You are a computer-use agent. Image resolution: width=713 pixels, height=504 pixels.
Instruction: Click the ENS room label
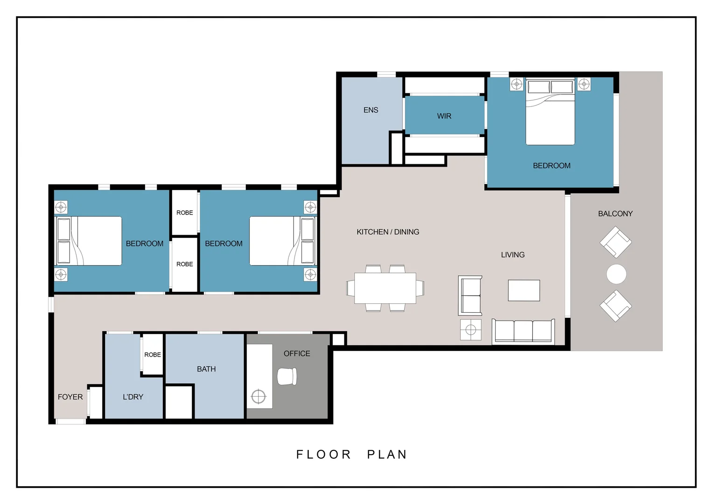point(370,110)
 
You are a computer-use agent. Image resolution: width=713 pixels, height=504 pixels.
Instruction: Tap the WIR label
point(444,116)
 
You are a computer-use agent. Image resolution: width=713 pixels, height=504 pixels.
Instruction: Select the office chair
point(287,377)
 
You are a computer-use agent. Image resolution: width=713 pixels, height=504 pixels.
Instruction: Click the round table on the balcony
point(616,274)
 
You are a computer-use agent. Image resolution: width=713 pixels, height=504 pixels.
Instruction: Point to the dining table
point(385,288)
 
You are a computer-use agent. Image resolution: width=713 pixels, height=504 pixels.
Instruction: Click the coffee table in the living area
point(524,290)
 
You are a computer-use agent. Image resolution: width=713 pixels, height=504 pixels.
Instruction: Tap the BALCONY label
point(615,214)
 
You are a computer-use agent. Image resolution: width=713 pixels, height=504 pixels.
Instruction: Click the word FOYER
point(70,397)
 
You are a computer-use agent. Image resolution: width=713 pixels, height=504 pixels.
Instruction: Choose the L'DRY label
point(133,397)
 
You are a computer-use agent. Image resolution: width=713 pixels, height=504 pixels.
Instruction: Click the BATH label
point(206,369)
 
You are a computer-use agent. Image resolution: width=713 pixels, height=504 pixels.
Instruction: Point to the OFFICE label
point(297,354)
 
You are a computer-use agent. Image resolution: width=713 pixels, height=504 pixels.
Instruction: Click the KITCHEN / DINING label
point(388,232)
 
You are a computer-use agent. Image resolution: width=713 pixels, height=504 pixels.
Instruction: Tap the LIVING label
point(512,255)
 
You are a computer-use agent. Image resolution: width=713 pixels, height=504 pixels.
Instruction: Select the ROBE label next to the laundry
point(153,355)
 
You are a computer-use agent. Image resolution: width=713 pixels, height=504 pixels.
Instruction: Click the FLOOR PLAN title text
point(352,455)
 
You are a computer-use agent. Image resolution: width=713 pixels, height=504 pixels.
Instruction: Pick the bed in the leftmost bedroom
point(89,241)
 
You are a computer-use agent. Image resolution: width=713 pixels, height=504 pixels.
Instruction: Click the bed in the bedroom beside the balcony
point(550,112)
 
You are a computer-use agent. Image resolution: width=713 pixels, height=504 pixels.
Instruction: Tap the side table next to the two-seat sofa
point(470,330)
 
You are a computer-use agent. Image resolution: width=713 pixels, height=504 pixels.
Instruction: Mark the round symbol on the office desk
point(258,397)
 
